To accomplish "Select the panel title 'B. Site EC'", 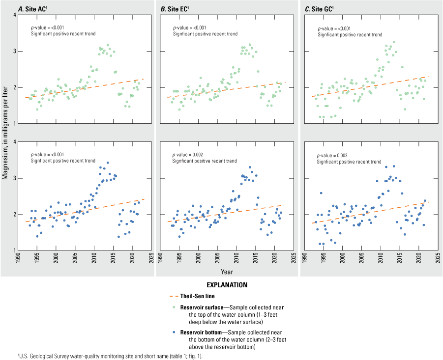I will [x=175, y=8].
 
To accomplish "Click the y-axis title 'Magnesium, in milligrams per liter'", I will [x=5, y=133].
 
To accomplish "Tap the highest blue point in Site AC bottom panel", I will [x=108, y=163].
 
